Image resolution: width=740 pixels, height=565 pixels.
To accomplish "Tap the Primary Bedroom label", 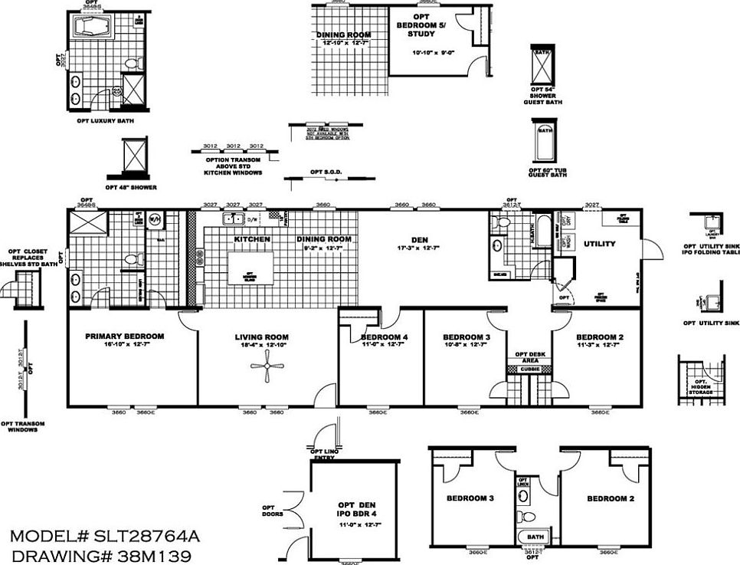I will click(124, 336).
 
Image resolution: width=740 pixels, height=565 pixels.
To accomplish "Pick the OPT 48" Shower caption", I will click(131, 187).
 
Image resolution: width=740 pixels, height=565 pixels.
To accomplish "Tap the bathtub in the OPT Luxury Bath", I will click(92, 29).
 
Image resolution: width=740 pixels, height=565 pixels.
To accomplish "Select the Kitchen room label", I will click(252, 239).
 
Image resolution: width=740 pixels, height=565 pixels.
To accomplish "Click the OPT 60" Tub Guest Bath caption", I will click(547, 171).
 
